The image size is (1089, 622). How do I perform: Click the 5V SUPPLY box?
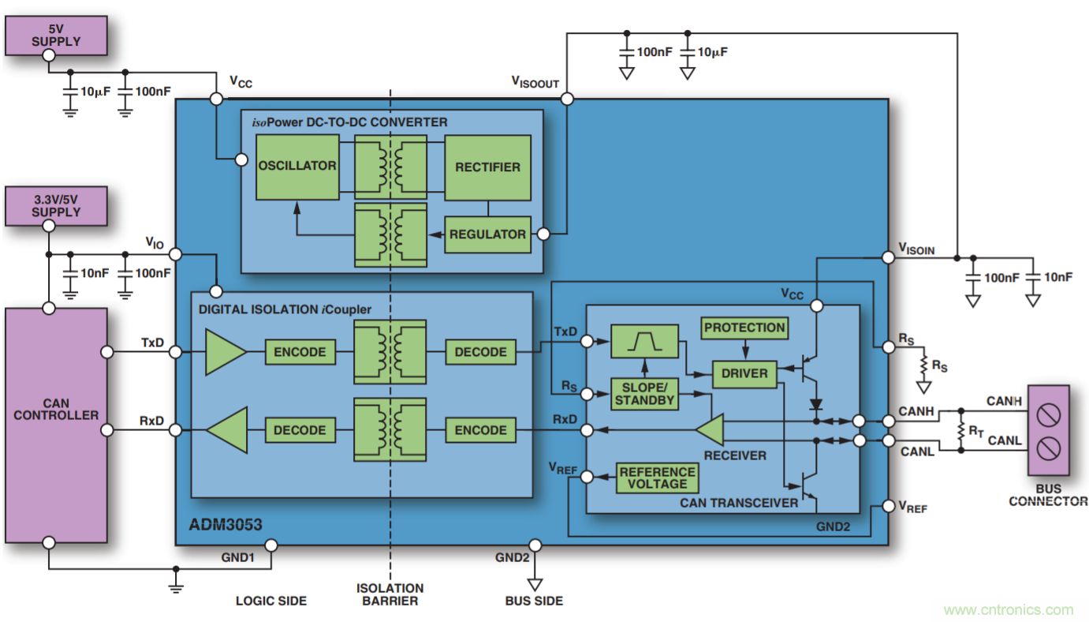pos(56,35)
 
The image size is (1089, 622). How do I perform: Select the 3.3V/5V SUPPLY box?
pos(56,205)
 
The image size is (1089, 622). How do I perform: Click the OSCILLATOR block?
pos(296,167)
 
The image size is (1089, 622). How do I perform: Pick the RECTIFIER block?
pos(487,167)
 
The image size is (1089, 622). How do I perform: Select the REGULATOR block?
pos(487,234)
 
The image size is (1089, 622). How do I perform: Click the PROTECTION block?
pos(744,328)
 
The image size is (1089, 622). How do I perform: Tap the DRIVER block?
pos(744,373)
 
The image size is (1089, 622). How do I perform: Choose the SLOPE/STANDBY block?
pos(644,393)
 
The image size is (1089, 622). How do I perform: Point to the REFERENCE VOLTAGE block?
pos(657,478)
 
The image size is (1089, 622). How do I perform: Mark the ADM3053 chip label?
pos(226,525)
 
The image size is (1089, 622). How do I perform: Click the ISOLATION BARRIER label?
pos(390,594)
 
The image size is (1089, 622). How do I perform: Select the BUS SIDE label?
pos(534,601)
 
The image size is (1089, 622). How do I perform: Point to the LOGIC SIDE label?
pos(271,601)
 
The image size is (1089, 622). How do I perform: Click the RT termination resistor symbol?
pos(961,431)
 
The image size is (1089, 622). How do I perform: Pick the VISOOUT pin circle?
pos(566,99)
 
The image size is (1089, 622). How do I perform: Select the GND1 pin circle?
pos(270,545)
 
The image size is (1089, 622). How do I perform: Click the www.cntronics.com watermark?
pos(1008,609)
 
